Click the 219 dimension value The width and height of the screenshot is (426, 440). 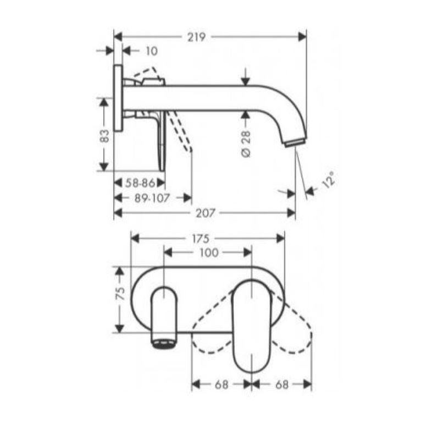click(x=196, y=37)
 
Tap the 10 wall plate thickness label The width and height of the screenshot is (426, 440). click(x=152, y=51)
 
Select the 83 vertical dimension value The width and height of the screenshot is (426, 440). click(x=104, y=136)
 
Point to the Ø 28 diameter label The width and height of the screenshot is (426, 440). click(x=246, y=144)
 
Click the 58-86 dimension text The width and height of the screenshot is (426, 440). click(x=140, y=183)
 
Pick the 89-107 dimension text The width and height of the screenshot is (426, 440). click(x=152, y=199)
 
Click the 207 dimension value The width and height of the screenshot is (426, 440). click(x=205, y=213)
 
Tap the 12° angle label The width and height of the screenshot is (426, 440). click(x=328, y=180)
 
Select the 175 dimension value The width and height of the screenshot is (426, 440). click(x=201, y=239)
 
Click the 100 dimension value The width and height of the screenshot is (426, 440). click(x=209, y=253)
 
